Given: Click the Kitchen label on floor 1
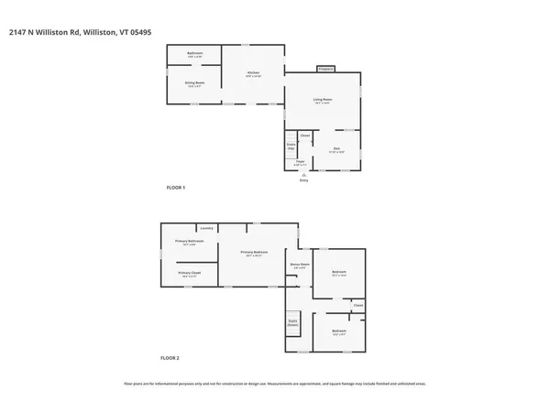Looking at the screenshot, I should [254, 73].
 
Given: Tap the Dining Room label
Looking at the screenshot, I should [193, 84].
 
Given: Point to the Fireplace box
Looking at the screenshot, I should [324, 69].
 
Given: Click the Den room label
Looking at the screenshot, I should [336, 149].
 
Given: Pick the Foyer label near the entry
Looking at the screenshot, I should [300, 163].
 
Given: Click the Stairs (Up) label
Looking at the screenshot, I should [291, 145].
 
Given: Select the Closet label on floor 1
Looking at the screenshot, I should [305, 136].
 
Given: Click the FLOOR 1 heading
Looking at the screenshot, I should [175, 188].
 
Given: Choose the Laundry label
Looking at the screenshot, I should [206, 228].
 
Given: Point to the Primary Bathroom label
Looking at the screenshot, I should [192, 243].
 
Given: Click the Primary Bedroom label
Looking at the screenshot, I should [254, 254].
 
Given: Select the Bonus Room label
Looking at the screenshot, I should [299, 266].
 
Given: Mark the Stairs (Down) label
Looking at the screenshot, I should [293, 322].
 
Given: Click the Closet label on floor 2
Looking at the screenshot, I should [358, 305].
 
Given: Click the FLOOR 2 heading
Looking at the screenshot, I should [170, 357].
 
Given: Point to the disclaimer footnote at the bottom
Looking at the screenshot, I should [275, 384].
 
